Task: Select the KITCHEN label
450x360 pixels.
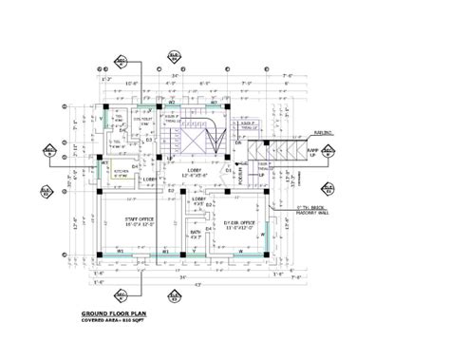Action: [121, 172]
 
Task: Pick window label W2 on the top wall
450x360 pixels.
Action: [172, 99]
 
